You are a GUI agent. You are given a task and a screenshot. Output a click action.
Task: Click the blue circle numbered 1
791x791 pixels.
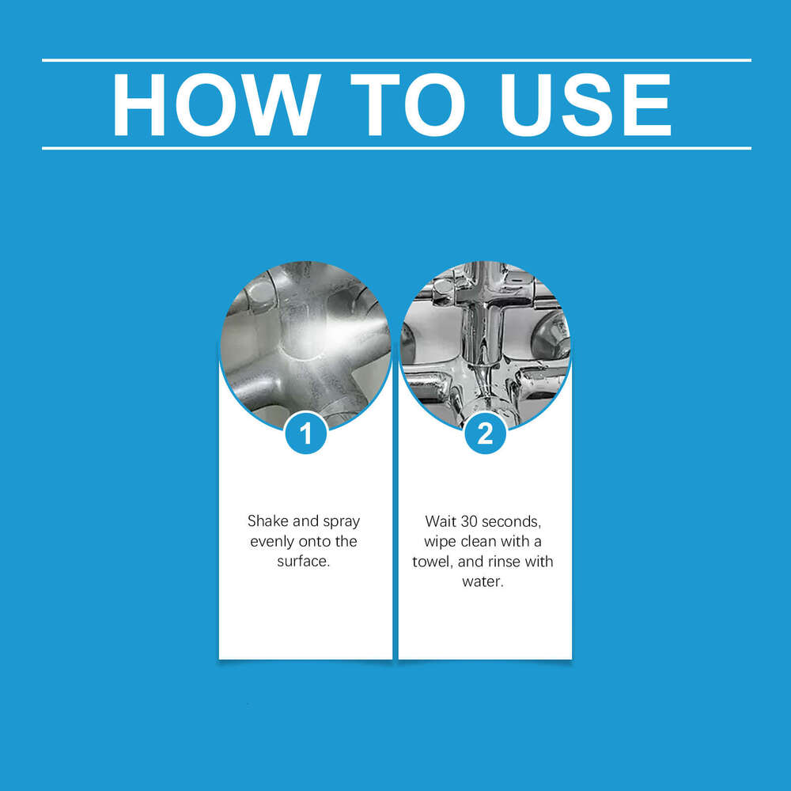point(305,433)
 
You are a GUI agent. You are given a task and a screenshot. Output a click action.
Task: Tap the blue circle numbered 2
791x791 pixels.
point(485,433)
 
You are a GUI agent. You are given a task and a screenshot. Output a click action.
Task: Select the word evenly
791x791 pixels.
point(271,542)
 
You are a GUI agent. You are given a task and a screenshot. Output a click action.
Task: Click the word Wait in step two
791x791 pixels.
point(441,521)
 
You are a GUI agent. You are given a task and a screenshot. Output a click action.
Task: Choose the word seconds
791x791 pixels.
point(518,521)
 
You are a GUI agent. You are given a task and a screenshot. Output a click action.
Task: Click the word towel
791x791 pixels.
point(432,562)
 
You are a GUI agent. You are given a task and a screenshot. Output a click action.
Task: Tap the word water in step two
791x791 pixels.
point(483,582)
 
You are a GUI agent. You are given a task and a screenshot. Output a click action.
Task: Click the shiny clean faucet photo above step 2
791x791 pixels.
point(485,336)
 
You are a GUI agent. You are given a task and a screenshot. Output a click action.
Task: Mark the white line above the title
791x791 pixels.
point(395,60)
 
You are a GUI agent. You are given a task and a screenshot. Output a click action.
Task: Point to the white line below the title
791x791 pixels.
point(395,148)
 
